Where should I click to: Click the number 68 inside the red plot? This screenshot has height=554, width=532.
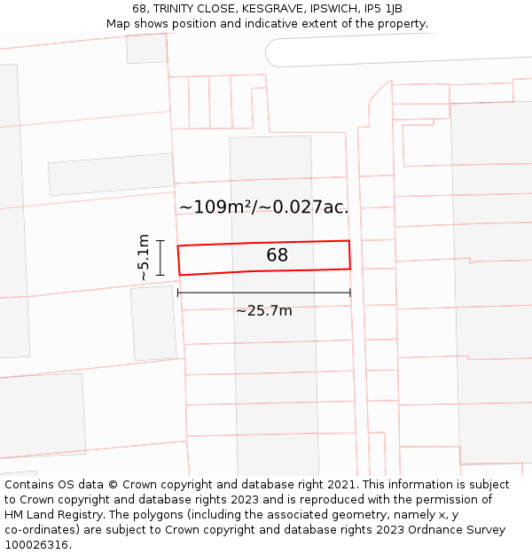277,255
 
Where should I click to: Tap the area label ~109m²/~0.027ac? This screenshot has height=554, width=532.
263,207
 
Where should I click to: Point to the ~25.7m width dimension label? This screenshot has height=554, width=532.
263,310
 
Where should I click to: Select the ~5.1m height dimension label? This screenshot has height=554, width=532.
143,257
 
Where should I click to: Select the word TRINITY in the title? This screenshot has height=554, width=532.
176,9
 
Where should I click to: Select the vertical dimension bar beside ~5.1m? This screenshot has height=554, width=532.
160,257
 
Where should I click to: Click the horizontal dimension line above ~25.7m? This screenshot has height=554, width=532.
263,293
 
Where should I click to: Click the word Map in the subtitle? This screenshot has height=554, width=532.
119,24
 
